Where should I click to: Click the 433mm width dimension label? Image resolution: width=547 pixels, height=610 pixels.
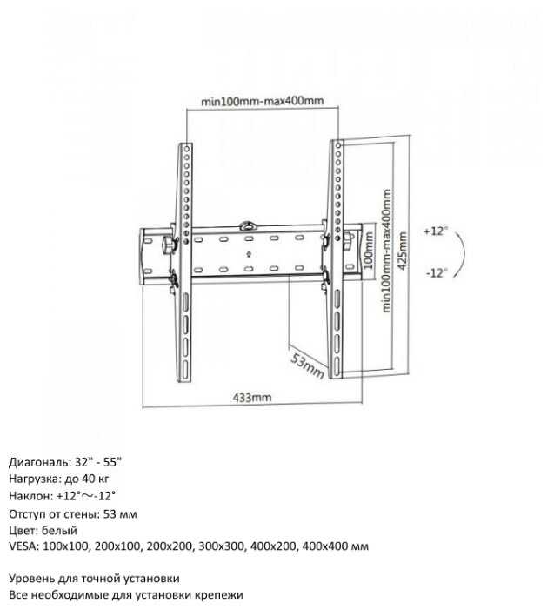(252, 398)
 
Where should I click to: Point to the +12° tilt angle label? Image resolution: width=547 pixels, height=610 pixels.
(436, 231)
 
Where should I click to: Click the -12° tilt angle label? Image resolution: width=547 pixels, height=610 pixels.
(437, 272)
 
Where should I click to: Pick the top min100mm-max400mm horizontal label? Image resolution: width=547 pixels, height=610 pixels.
(263, 101)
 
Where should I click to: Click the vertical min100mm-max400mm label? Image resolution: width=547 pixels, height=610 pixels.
(385, 253)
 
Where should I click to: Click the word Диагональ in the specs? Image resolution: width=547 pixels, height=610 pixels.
(36, 461)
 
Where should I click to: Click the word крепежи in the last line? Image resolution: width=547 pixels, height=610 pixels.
(218, 594)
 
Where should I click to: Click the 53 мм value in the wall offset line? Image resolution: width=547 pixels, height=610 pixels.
(120, 513)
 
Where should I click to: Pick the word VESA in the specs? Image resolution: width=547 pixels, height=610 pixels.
(22, 546)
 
